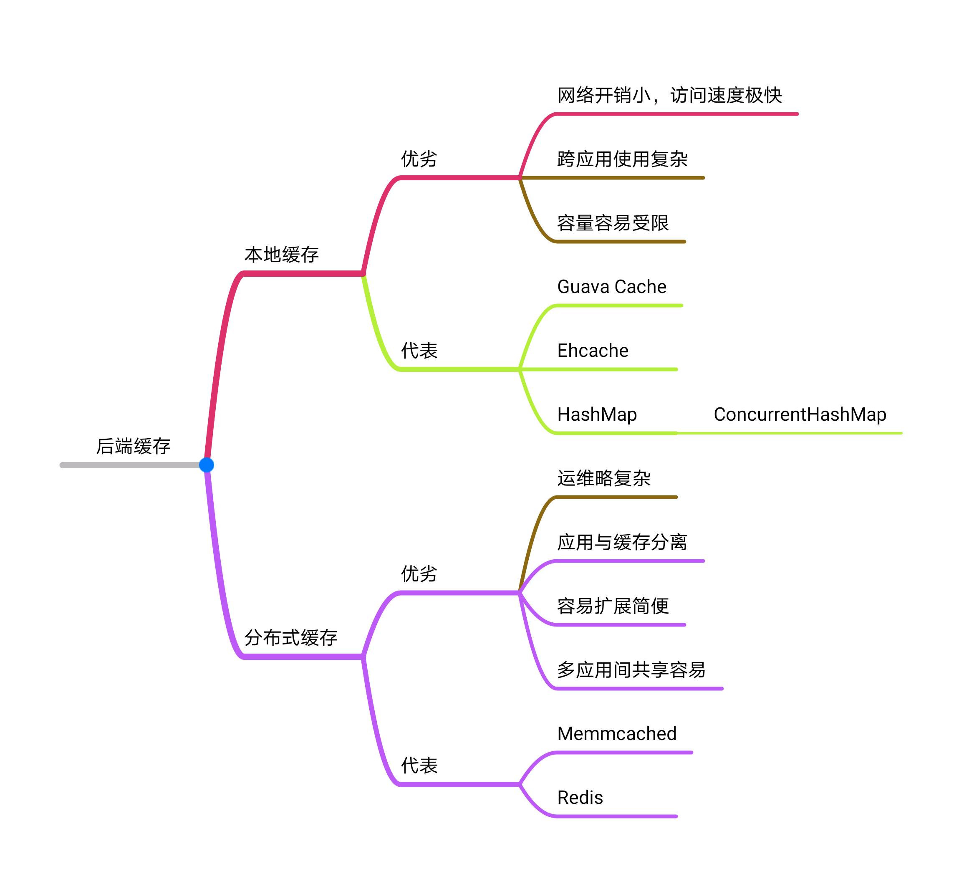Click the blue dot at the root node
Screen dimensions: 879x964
206,465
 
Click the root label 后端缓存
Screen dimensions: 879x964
134,446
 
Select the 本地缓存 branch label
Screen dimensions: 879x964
282,255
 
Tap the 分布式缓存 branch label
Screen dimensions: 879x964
291,637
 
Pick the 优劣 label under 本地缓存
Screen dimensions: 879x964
419,159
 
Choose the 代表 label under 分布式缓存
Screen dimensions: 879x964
419,765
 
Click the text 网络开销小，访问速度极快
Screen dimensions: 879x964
669,95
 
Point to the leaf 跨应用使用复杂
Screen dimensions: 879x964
622,159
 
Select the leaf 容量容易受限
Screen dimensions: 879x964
613,223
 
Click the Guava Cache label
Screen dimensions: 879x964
612,286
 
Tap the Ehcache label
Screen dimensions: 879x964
593,351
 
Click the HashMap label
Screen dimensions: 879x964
597,414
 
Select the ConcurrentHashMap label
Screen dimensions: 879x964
800,414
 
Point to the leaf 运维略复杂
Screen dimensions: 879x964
603,478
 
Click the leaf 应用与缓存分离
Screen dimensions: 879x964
622,542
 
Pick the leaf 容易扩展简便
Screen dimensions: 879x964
613,606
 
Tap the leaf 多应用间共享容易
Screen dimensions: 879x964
631,669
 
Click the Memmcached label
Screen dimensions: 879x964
617,734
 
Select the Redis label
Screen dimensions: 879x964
580,797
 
